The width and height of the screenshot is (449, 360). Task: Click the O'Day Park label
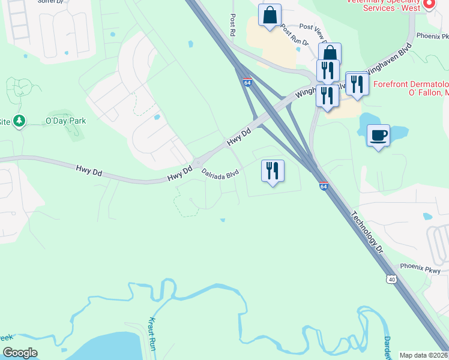click(66, 121)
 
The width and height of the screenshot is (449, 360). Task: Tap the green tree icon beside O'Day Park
click(20, 121)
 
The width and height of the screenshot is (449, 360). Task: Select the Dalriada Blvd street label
click(220, 173)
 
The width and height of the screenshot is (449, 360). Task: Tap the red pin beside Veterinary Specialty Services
click(429, 4)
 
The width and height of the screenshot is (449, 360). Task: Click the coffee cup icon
click(378, 136)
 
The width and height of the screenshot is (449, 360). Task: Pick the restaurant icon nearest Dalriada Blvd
click(273, 171)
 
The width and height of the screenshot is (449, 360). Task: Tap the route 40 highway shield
click(391, 279)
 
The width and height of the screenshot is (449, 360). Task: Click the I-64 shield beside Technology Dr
click(324, 187)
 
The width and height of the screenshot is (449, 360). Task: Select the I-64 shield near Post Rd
click(247, 82)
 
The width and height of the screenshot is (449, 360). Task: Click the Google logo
click(20, 353)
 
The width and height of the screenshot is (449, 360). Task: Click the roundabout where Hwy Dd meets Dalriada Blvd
click(197, 164)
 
